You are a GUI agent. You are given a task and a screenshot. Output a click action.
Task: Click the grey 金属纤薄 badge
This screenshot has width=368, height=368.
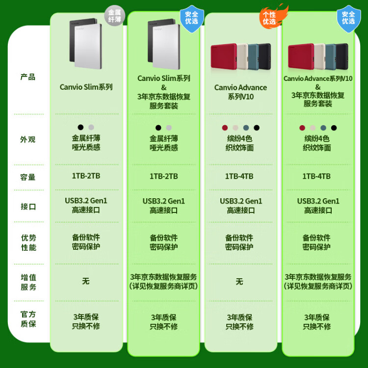point(114,16)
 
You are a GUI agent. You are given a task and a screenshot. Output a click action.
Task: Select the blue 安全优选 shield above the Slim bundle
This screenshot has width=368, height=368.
point(192,19)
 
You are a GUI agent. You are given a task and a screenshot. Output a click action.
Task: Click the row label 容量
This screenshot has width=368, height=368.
point(27,177)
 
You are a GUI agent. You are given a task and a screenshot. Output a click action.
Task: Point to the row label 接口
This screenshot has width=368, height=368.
point(28,207)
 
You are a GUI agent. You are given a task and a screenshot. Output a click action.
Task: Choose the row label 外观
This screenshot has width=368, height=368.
point(27,139)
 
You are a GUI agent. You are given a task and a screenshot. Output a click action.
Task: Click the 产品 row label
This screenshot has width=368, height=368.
point(27,77)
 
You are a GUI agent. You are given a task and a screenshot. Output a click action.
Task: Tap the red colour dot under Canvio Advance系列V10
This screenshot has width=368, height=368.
point(225,128)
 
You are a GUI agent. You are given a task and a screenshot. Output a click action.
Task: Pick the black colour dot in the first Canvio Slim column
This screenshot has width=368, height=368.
point(80,127)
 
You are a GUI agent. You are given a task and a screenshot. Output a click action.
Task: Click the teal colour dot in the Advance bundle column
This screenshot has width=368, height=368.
point(323,128)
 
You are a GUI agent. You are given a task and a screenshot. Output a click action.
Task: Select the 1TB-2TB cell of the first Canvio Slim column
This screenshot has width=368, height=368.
point(86,176)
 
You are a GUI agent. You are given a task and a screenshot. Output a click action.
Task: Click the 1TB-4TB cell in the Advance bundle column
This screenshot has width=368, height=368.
point(316,176)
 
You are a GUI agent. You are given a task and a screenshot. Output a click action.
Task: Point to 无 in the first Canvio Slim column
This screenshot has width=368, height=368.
point(86,281)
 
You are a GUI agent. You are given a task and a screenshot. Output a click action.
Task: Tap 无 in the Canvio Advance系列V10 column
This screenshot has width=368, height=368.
point(239,282)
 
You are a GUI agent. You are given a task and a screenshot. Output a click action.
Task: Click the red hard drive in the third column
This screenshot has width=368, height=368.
point(224,56)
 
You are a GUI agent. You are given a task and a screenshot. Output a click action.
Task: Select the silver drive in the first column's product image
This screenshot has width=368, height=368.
point(88,47)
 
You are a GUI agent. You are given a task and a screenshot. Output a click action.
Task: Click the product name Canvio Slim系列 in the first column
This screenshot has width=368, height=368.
point(86,87)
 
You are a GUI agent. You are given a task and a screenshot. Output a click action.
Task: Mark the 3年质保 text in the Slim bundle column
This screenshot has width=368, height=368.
point(163,317)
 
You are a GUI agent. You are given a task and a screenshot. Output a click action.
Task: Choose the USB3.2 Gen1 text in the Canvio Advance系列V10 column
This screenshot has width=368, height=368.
point(241,201)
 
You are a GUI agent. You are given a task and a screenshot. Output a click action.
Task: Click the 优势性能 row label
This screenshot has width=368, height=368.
point(28,243)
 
